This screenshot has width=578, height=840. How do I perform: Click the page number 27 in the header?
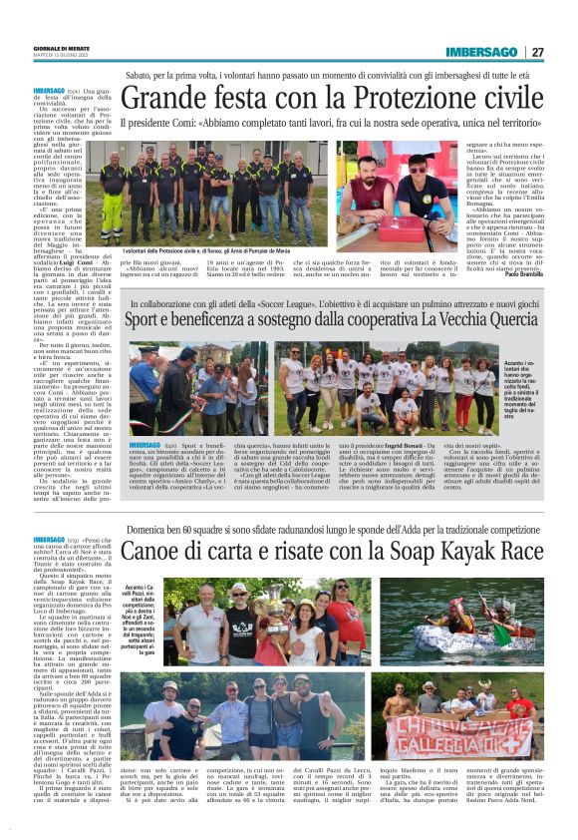tap(537, 52)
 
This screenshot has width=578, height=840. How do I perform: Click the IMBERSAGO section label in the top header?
tap(480, 52)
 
